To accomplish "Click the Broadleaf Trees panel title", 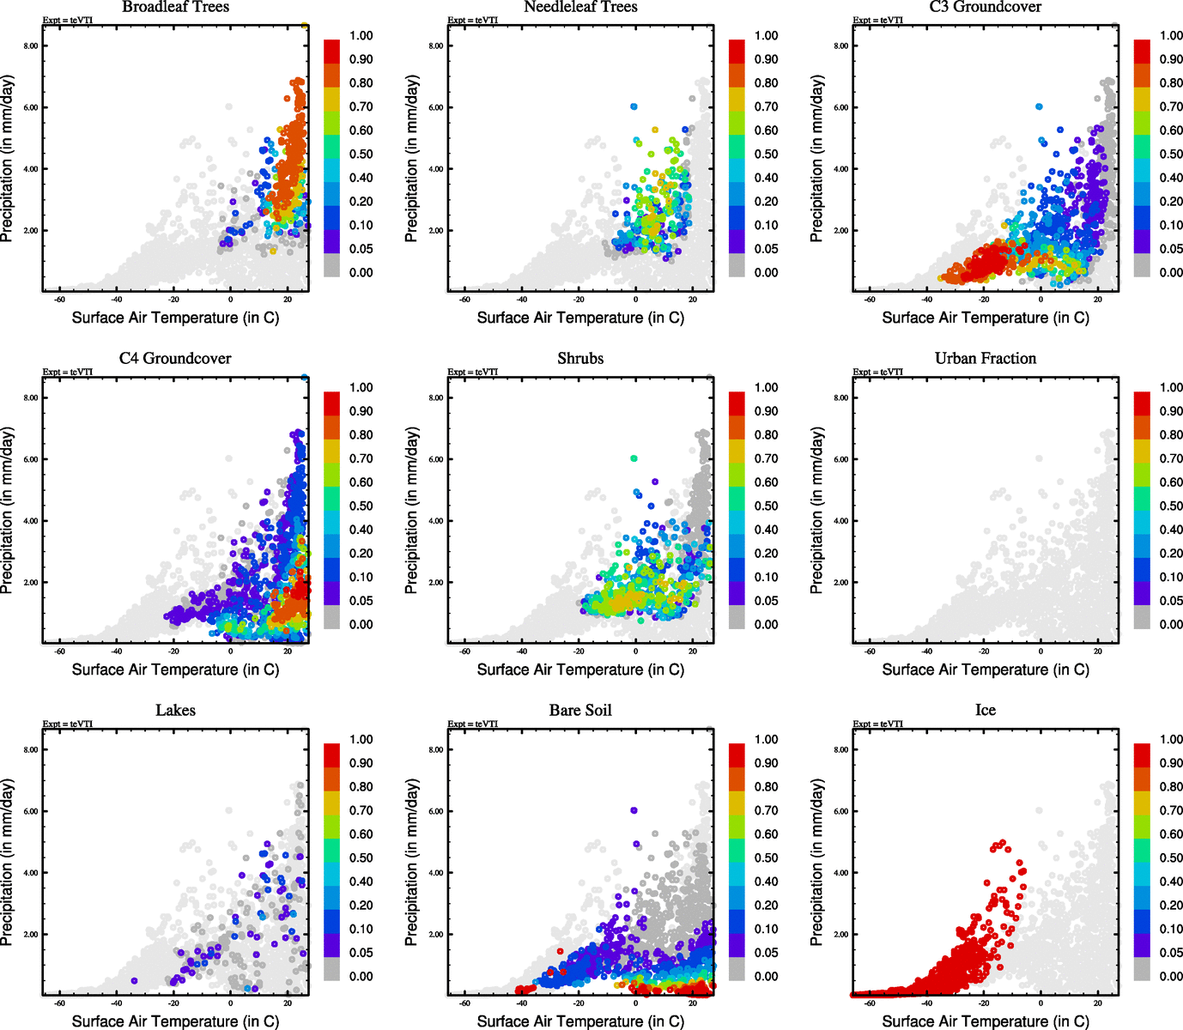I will tap(175, 7).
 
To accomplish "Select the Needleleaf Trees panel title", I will tap(580, 7).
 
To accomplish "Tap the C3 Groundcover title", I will tap(986, 7).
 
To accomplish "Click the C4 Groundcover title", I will tap(175, 358).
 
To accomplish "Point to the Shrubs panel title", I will tap(580, 358).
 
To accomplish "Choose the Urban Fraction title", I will tap(986, 358).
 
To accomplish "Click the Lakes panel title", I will tap(175, 710).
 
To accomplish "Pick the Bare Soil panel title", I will tap(580, 710).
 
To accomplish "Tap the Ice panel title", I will tap(986, 710).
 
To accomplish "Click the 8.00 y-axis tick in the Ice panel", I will tap(840, 750).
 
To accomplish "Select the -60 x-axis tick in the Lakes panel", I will tap(59, 1003).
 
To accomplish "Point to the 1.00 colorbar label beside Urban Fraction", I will tap(1171, 388).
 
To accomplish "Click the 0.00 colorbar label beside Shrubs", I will tap(766, 625).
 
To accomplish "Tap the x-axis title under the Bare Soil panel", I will tap(580, 1021).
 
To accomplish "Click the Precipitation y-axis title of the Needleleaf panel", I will tap(412, 159).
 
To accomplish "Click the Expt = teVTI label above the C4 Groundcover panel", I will tap(68, 372).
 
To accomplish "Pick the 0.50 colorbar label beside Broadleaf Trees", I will tap(361, 154).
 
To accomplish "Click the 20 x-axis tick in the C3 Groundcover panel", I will tap(1097, 299).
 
